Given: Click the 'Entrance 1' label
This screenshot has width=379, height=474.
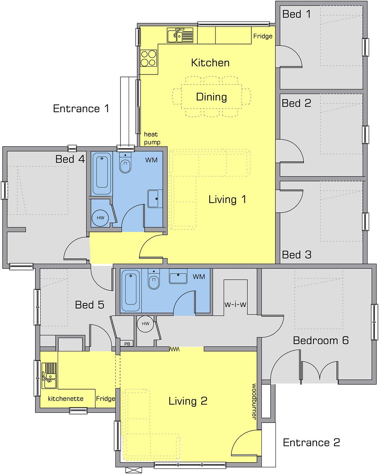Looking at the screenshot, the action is click(x=81, y=109).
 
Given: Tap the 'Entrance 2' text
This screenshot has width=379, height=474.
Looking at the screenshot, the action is click(x=311, y=442).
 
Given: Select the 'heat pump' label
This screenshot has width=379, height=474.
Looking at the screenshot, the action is click(x=152, y=138).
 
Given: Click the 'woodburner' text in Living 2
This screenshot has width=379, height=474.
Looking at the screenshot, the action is click(x=254, y=401).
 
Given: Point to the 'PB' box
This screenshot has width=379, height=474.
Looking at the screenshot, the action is click(x=127, y=344).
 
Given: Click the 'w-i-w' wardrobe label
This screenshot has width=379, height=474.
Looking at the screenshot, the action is click(x=235, y=304).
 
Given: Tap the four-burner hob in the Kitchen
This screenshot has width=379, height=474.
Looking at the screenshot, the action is click(x=149, y=58).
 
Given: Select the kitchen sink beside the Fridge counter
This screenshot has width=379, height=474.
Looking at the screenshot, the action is click(x=180, y=35).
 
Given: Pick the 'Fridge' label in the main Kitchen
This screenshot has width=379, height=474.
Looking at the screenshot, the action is click(x=263, y=36).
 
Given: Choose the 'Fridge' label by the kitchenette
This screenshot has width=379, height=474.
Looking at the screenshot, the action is click(x=105, y=398).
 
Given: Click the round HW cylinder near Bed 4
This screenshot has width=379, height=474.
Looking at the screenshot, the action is click(x=100, y=218).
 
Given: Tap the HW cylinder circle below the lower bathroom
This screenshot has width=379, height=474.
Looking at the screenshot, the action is click(x=145, y=324).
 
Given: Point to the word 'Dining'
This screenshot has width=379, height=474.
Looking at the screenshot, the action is click(x=212, y=97).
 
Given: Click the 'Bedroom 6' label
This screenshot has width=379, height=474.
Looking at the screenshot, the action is click(x=321, y=340).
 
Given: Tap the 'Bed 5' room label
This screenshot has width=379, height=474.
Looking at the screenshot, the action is click(x=89, y=305).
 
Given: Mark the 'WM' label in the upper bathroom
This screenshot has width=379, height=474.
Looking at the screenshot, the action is click(x=151, y=160).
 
